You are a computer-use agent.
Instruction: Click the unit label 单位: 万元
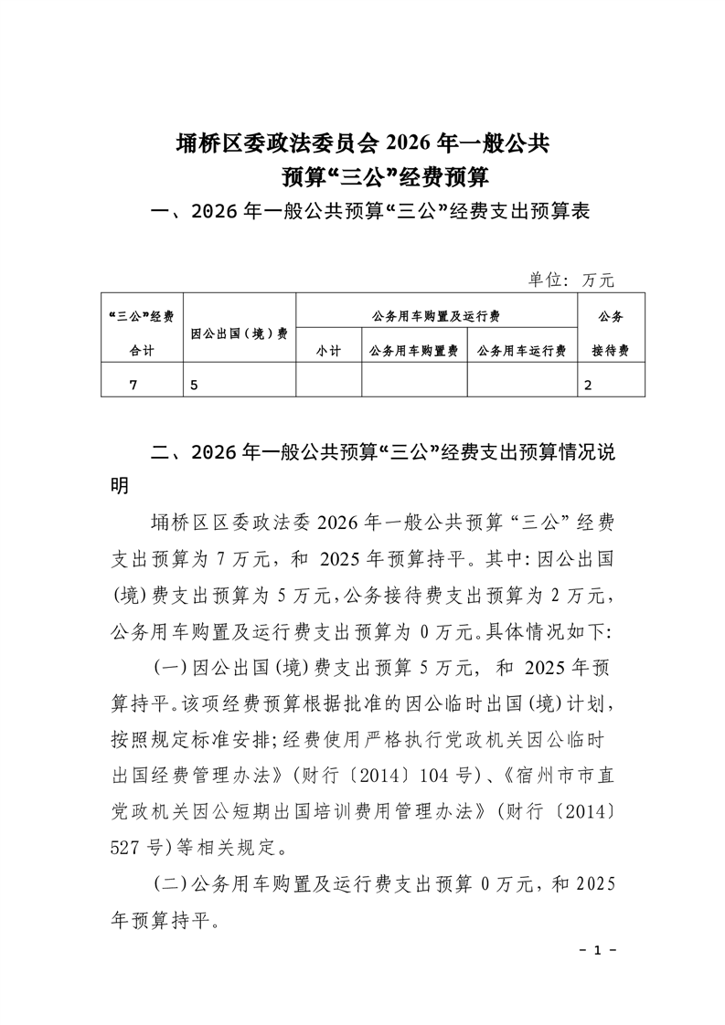572,280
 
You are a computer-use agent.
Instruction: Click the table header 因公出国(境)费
240,333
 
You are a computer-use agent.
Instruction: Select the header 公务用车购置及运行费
436,316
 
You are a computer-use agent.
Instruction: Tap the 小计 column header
328,351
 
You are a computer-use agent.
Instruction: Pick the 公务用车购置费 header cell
413,351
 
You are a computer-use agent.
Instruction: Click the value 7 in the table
134,385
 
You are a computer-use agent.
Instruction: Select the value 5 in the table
194,385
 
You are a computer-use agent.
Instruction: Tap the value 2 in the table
588,385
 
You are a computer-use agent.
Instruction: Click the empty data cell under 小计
328,382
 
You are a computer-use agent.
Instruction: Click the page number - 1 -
599,950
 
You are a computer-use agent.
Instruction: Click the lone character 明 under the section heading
120,485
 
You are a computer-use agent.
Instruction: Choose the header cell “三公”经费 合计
142,333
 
